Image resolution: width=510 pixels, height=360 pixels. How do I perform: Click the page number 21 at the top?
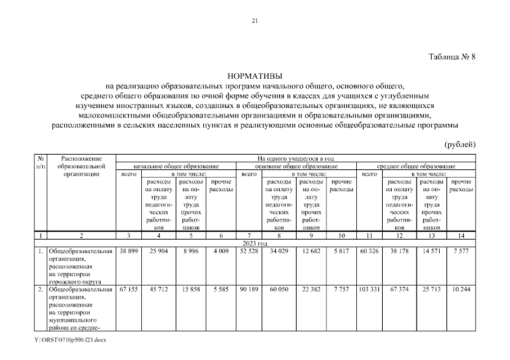(254, 21)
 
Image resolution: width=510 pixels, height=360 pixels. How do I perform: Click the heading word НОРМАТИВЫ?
(254, 76)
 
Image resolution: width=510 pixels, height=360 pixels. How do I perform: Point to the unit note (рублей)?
(460, 145)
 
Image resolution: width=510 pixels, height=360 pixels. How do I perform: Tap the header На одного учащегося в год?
(296, 159)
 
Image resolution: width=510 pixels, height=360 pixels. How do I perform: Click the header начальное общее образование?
(176, 166)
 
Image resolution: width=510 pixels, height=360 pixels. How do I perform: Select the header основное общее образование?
(296, 166)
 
